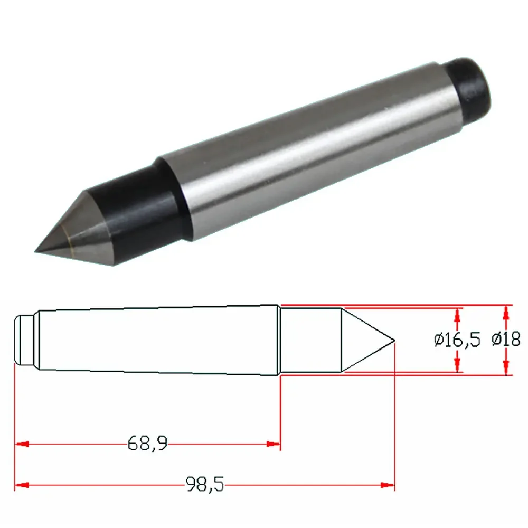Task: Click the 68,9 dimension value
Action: [x=147, y=443]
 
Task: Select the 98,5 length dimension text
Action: [x=205, y=484]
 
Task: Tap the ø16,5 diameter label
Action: [x=457, y=340]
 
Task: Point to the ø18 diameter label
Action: [x=506, y=339]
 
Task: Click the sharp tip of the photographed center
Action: [x=35, y=251]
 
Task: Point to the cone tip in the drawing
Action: [x=394, y=341]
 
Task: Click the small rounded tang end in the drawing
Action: [x=24, y=340]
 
